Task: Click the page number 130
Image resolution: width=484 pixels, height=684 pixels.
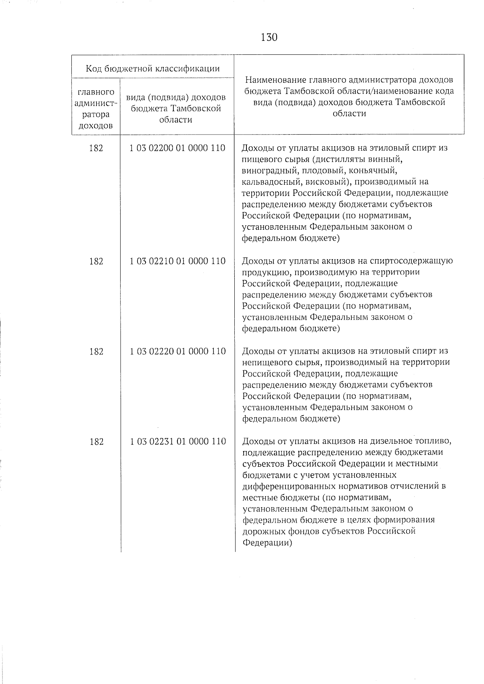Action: click(x=269, y=37)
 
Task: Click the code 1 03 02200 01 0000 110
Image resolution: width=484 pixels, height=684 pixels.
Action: click(x=177, y=148)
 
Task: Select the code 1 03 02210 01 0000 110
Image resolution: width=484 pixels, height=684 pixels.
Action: click(x=177, y=261)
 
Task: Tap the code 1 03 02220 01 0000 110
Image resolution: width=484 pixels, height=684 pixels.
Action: click(x=177, y=351)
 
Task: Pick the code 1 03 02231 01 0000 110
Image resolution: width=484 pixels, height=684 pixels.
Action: click(x=177, y=441)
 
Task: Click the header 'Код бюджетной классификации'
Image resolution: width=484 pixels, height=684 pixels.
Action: click(x=153, y=69)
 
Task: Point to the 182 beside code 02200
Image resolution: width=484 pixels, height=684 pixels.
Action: click(x=96, y=148)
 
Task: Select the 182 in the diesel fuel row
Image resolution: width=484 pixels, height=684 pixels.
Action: click(x=96, y=442)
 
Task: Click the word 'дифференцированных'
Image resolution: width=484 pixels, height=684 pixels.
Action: click(x=291, y=486)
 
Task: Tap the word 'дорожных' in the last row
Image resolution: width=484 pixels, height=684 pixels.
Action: click(x=261, y=531)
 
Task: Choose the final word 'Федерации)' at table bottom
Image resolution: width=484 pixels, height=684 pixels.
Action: click(x=267, y=543)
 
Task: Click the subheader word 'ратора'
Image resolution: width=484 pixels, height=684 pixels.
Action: click(x=96, y=114)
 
